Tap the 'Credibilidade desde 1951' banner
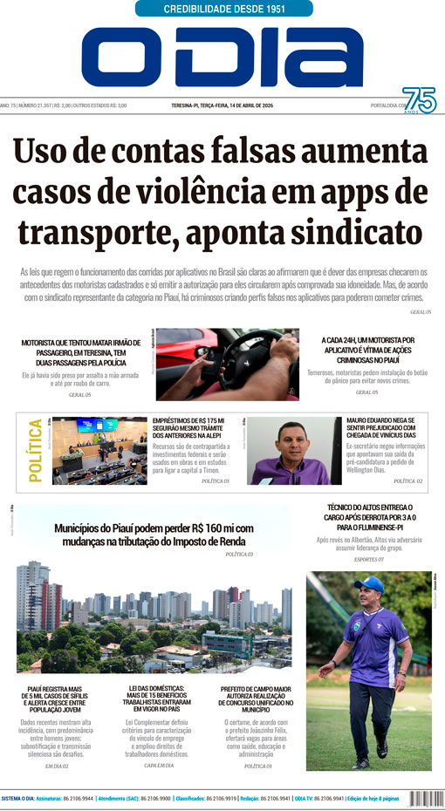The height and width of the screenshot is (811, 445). (x=224, y=9)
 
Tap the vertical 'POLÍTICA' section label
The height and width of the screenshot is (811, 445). (x=35, y=450)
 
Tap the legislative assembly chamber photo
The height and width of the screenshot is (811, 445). (x=99, y=450)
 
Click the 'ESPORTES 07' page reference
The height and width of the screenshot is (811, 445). (x=369, y=558)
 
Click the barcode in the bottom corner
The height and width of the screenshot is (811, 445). (x=421, y=798)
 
